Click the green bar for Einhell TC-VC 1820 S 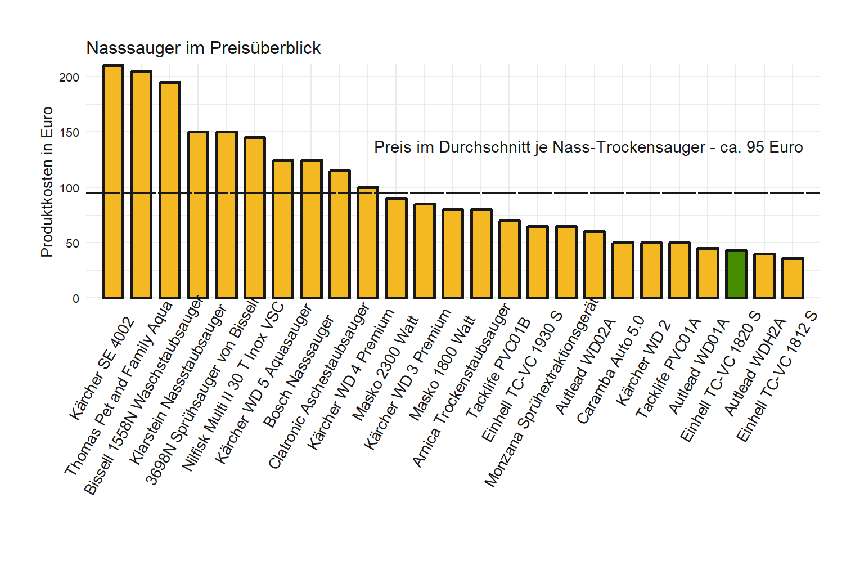click(736, 275)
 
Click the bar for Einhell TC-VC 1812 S click(793, 279)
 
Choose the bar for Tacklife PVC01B click(509, 259)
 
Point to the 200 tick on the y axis click(69, 78)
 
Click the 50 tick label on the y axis click(73, 244)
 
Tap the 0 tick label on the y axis click(76, 299)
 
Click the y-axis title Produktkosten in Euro click(47, 182)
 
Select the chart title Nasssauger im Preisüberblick click(203, 48)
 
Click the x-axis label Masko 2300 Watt click(385, 369)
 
